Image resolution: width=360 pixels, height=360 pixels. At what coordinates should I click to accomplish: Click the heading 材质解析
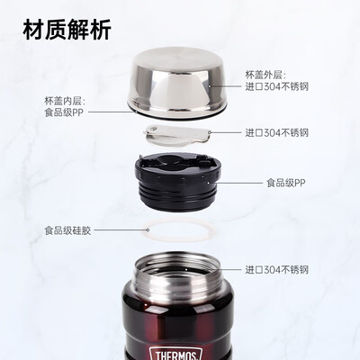point(68,31)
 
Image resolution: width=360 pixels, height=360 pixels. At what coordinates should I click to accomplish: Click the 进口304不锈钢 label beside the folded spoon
point(277,132)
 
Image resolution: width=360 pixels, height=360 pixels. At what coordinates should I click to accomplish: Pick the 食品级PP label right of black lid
point(286,183)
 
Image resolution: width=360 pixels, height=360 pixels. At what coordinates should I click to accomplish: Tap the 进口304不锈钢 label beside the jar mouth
point(277,269)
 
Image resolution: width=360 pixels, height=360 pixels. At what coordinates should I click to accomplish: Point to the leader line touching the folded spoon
point(229,132)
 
